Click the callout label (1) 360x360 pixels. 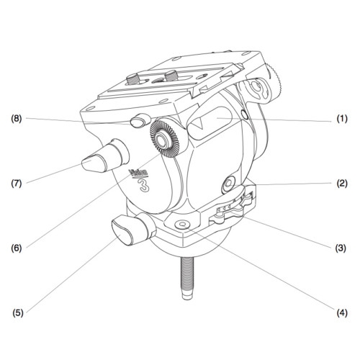click(341, 119)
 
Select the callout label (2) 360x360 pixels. click(341, 184)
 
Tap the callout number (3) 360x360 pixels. click(341, 248)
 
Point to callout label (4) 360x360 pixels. click(341, 312)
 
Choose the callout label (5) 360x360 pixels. click(18, 312)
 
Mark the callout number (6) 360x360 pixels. click(17, 248)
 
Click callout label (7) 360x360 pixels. click(17, 184)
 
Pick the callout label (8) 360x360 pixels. click(17, 119)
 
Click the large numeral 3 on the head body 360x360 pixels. click(144, 186)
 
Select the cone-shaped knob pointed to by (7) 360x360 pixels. click(106, 156)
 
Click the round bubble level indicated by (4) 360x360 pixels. click(183, 225)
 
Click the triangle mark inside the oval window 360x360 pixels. click(199, 124)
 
